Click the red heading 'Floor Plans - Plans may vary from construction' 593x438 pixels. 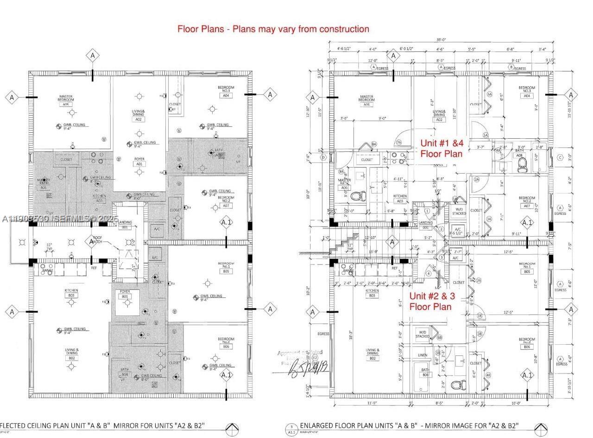click(273, 29)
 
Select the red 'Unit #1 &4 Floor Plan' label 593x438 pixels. click(442, 148)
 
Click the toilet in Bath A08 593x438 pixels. click(523, 163)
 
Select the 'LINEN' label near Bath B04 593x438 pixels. click(423, 355)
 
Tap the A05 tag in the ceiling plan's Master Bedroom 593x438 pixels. click(65, 105)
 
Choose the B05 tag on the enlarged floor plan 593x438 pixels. click(527, 272)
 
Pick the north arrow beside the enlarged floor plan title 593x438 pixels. click(541, 429)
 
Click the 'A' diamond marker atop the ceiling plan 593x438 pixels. click(93, 56)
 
